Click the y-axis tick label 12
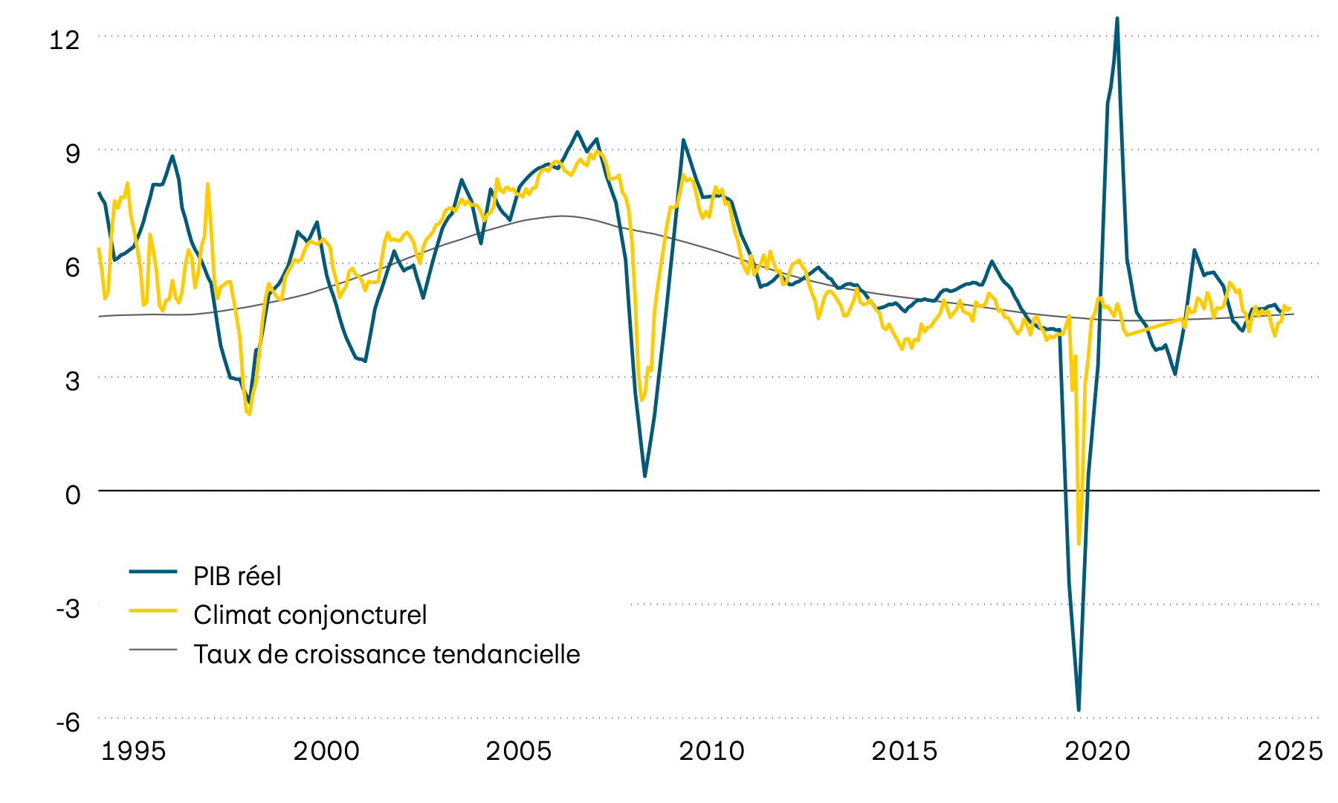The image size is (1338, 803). [64, 39]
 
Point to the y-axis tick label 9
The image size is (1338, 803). [72, 154]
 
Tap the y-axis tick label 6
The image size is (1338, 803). [72, 268]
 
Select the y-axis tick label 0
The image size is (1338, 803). [72, 494]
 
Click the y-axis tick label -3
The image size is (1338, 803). [68, 608]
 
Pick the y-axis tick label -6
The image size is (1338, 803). [68, 722]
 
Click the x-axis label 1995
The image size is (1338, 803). [133, 752]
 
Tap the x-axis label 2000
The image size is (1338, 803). [326, 752]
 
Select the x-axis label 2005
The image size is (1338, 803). [519, 752]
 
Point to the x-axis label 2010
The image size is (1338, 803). [711, 752]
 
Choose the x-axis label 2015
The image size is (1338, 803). [905, 752]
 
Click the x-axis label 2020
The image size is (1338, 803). [1097, 752]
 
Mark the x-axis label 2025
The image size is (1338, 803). [1290, 752]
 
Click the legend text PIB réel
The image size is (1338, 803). [237, 576]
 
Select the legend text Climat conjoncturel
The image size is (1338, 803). [310, 615]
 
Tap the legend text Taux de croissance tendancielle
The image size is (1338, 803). [387, 654]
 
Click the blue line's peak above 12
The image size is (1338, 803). [1117, 19]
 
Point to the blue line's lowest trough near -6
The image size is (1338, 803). [1079, 710]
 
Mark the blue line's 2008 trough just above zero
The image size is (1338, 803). [644, 476]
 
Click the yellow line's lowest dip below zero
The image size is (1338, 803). [1079, 544]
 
